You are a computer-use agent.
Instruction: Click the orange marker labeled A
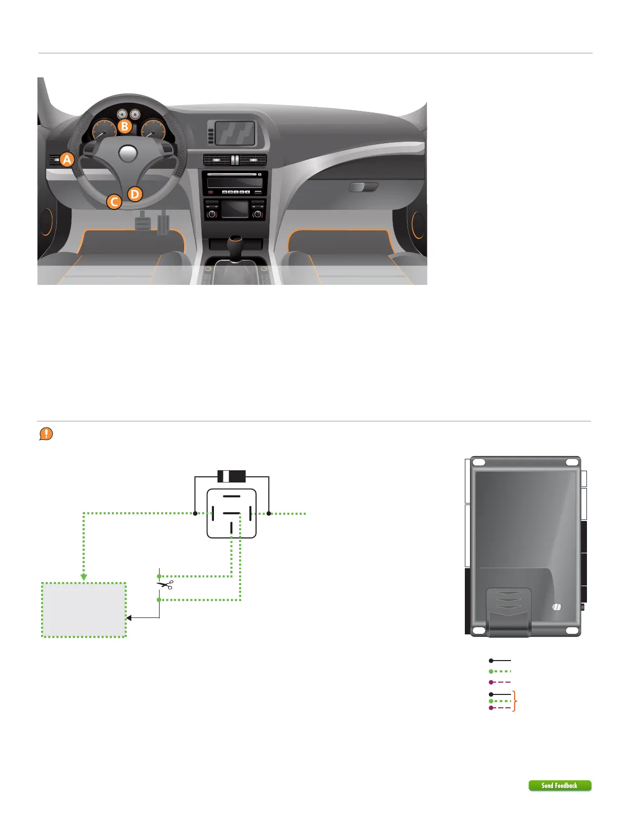coord(67,160)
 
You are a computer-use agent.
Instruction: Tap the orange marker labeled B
coord(125,126)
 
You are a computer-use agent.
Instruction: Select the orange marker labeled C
coord(114,202)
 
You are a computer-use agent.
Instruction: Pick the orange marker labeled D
coord(134,194)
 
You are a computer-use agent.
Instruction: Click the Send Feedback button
coord(560,785)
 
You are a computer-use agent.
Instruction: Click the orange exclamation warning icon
coord(46,434)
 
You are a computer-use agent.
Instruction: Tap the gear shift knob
coord(235,241)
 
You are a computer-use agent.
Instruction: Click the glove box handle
coord(363,187)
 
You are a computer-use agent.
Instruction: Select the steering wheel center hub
coord(128,152)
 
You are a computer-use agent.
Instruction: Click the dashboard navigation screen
coord(235,133)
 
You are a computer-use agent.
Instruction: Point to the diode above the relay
coord(232,476)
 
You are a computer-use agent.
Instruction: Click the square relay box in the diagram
coord(231,513)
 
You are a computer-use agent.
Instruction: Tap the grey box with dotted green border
coord(84,610)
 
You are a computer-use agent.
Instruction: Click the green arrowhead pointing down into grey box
coord(84,577)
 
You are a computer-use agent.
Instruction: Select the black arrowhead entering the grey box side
coord(129,617)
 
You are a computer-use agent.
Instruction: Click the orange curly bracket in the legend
coord(515,701)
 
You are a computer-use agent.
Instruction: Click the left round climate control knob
coord(212,214)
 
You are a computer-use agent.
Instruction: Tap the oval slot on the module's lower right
coord(557,607)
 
